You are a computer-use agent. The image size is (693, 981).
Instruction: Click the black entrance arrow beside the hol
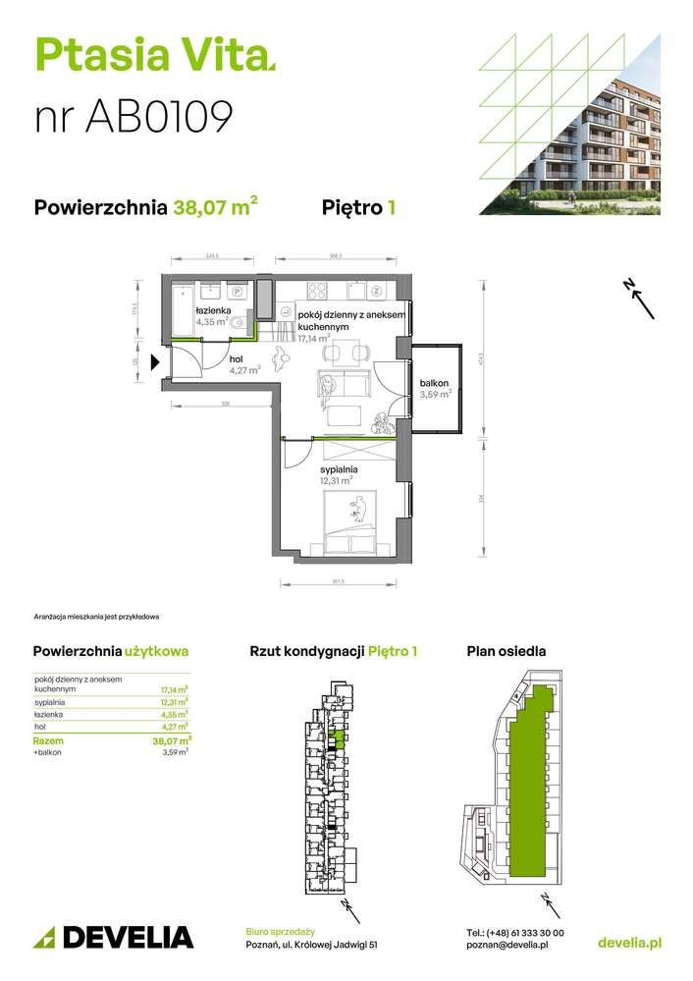pos(154,361)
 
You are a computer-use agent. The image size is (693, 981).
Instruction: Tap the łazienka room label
pos(212,309)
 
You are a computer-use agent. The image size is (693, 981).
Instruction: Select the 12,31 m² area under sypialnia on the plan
pos(337,482)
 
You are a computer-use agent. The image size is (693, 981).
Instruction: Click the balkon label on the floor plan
pos(433,383)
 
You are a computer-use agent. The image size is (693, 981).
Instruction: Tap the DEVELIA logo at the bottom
pos(114,937)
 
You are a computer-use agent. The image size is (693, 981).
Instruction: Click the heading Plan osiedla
pos(506,651)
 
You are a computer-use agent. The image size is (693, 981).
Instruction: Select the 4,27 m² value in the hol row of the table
pos(178,728)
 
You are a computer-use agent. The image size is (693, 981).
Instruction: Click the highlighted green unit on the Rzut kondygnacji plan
pos(339,736)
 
